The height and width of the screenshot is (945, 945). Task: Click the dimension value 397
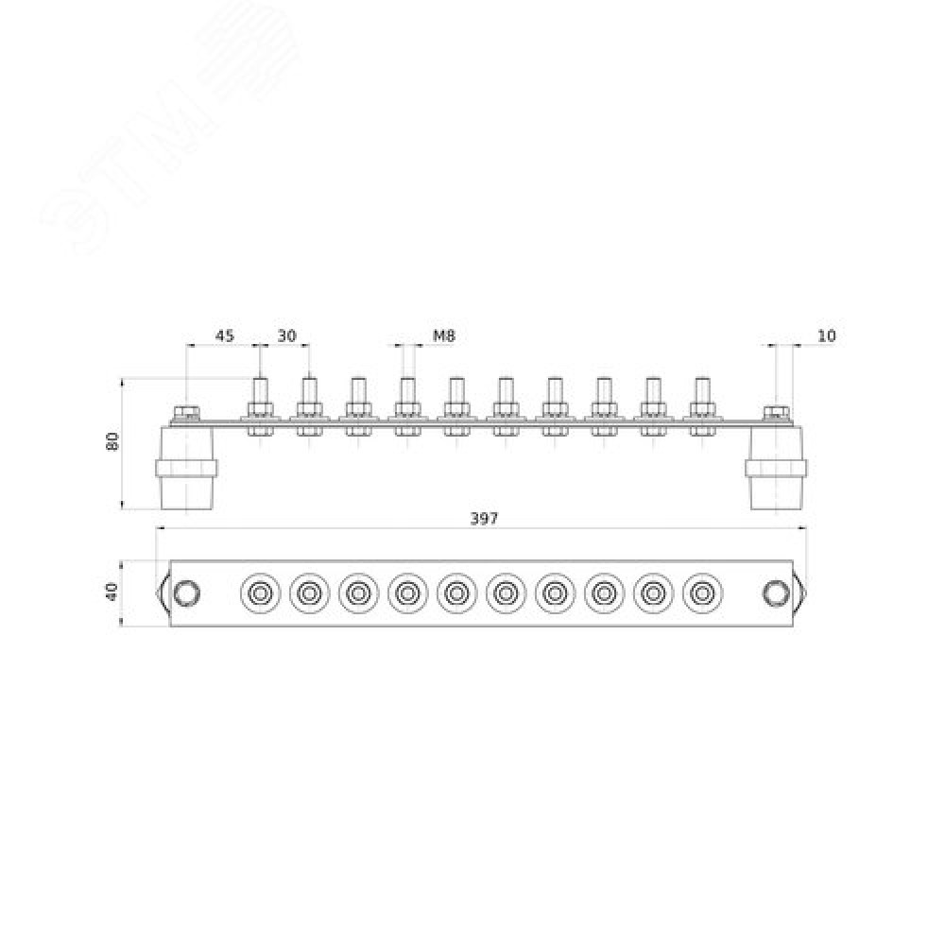coord(484,518)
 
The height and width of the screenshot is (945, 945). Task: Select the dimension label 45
coord(225,335)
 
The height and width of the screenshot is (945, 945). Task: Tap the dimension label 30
coord(287,335)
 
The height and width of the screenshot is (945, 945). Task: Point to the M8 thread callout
coord(444,335)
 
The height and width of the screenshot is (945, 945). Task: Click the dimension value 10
coord(827,335)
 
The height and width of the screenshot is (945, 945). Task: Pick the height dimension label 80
coord(113,440)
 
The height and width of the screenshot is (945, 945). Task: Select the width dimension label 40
coord(113,593)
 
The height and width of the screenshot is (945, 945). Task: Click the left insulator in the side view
coord(186,468)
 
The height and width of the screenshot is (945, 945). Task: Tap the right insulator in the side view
coord(776,468)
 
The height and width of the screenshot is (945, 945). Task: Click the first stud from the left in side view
coord(261,406)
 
